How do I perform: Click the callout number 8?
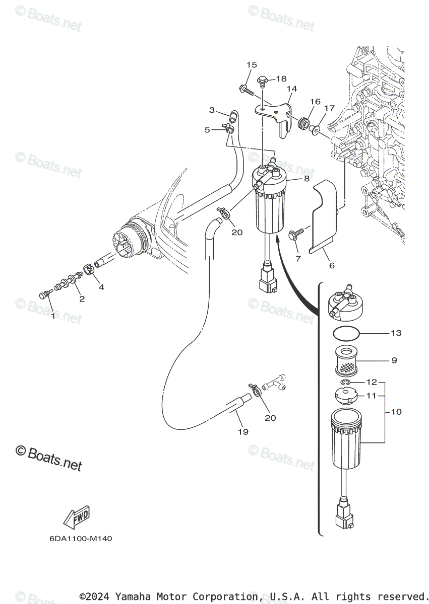(306, 179)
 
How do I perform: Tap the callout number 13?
(396, 333)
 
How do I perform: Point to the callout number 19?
(243, 432)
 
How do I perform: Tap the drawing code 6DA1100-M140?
(81, 539)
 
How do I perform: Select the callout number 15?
(252, 64)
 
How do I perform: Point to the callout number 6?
(331, 265)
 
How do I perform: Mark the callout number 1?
(53, 316)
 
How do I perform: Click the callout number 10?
(396, 412)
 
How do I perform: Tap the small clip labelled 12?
(345, 385)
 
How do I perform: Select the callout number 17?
(329, 108)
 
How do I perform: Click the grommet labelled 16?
(304, 123)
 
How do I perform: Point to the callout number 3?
(212, 110)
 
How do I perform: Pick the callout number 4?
(101, 287)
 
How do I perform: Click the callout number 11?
(372, 396)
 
